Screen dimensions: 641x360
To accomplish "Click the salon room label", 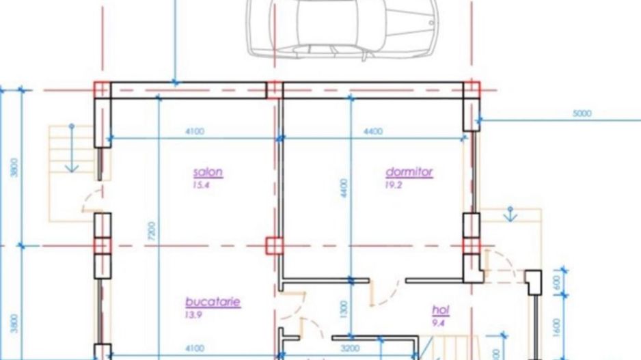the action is pyautogui.click(x=208, y=172).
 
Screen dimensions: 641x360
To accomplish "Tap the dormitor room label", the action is pyautogui.click(x=409, y=172).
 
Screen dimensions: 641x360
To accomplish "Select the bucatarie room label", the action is pyautogui.click(x=213, y=302).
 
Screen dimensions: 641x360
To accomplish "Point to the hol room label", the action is pyautogui.click(x=441, y=311).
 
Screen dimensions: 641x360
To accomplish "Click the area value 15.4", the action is pyautogui.click(x=201, y=185).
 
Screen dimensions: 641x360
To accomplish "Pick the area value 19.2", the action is pyautogui.click(x=393, y=185).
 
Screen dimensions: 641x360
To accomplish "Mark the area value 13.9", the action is pyautogui.click(x=193, y=315).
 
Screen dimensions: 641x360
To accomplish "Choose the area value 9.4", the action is pyautogui.click(x=438, y=324).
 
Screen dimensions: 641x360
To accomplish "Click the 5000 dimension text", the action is pyautogui.click(x=582, y=113).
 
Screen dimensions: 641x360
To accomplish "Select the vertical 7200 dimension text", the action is pyautogui.click(x=152, y=231).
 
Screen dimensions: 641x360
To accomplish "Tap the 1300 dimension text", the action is pyautogui.click(x=343, y=309).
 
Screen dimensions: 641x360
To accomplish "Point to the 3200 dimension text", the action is pyautogui.click(x=351, y=348).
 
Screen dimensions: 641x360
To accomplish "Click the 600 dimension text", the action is pyautogui.click(x=556, y=282).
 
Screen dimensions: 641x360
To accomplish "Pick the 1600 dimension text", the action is pyautogui.click(x=556, y=327).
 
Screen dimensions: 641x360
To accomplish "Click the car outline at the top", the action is pyautogui.click(x=342, y=29).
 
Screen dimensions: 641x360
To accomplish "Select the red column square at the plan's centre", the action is pyautogui.click(x=274, y=246).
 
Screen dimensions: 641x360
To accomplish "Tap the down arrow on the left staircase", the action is pyautogui.click(x=72, y=148).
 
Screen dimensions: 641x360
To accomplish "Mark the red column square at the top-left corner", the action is pyautogui.click(x=103, y=90).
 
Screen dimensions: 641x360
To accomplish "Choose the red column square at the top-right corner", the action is pyautogui.click(x=472, y=90).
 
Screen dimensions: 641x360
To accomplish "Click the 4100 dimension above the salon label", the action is pyautogui.click(x=195, y=132).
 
